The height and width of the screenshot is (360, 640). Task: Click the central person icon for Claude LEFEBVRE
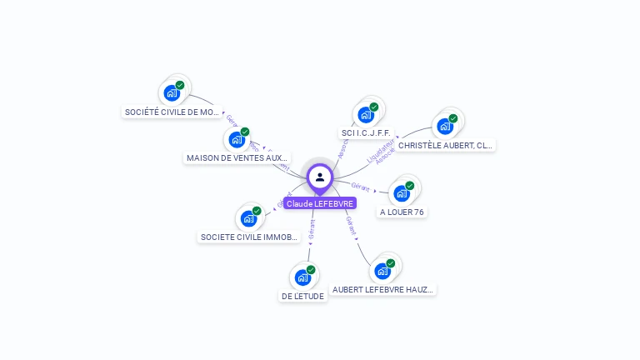[x=320, y=177]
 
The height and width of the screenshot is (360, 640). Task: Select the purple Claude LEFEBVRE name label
[x=320, y=203]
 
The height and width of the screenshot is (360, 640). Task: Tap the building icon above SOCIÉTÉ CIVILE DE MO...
[x=172, y=92]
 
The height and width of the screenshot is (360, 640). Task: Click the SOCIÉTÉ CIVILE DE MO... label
[x=172, y=112]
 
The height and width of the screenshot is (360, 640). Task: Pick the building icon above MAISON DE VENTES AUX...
[x=237, y=139]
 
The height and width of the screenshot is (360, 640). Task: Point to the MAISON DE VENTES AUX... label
[x=237, y=157]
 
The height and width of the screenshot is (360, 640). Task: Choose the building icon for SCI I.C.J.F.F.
[x=366, y=114]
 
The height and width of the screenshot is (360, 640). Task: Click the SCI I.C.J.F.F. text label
[x=366, y=133]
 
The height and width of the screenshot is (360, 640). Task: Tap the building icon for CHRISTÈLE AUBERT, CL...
[x=445, y=126]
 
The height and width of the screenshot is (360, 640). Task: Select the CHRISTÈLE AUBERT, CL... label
[x=445, y=145]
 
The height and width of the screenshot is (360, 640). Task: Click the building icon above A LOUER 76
[x=402, y=193]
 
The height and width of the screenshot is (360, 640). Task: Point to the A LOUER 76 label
[x=402, y=212]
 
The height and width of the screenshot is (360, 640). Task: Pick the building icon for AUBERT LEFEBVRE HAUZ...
[x=382, y=271]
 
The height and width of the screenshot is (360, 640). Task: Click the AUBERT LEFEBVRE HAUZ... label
[x=383, y=290]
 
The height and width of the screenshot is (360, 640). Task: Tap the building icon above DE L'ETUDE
[x=302, y=277]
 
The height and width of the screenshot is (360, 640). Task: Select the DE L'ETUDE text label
[x=302, y=296]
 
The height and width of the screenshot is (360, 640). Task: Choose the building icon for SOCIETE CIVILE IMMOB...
[x=248, y=218]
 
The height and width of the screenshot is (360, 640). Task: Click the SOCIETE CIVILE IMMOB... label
[x=249, y=237]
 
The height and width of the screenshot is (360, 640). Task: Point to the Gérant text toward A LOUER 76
[x=361, y=186]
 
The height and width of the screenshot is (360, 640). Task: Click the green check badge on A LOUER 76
[x=410, y=186]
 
